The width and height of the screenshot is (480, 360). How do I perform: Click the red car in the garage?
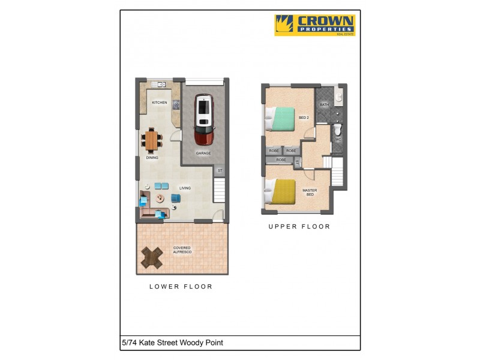204,120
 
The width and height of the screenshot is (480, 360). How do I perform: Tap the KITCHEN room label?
159,103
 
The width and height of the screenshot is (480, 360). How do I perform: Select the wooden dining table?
152,140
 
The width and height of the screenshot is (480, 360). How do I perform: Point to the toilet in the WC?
337,128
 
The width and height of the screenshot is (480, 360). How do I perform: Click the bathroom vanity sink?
339,95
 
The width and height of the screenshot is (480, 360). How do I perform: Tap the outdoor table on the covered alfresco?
152,258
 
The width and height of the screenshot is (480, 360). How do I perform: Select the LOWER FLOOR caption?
181,287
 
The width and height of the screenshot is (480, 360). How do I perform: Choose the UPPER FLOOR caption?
299,227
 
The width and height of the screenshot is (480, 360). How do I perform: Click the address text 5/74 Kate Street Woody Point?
172,343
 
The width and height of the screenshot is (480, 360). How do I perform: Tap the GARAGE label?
203,153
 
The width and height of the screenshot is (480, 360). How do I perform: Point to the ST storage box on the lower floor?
220,171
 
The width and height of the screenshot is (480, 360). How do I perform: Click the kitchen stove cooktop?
176,105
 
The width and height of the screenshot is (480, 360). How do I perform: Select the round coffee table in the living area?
160,197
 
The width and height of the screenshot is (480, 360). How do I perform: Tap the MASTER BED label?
309,193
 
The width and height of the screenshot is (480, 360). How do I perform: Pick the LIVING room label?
185,188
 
